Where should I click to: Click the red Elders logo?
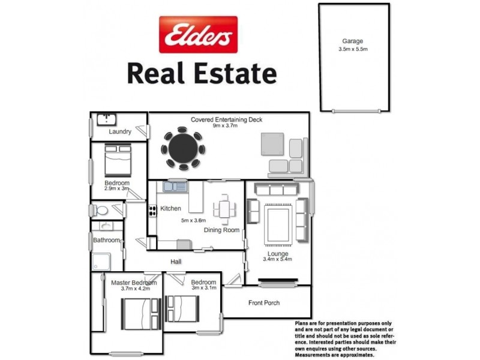tap(197, 34)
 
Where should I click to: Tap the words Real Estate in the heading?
tap(202, 74)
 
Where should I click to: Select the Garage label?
tap(353, 42)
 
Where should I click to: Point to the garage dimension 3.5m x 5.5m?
tap(353, 49)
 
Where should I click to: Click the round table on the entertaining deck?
tap(182, 148)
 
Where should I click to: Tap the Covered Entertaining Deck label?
tap(226, 119)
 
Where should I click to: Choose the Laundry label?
tap(120, 131)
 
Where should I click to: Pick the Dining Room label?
tap(221, 230)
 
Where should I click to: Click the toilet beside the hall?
tap(103, 211)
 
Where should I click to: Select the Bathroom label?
tap(107, 240)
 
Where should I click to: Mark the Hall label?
tap(176, 262)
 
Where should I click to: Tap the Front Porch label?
tap(264, 302)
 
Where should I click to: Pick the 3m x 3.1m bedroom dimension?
tap(203, 289)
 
